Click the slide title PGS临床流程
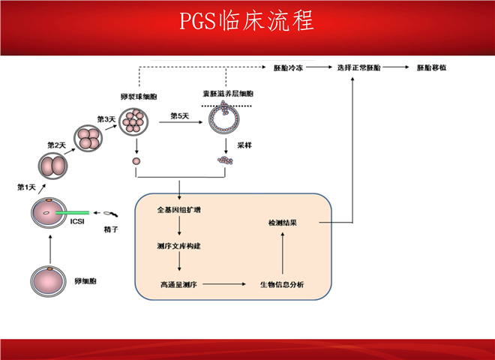pos(247,20)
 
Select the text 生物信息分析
pos(282,284)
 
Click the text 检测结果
pos(283,223)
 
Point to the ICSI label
pos(76,221)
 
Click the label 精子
pos(112,228)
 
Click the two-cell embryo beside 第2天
pos(52,165)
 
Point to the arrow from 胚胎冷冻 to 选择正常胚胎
pos(320,67)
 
